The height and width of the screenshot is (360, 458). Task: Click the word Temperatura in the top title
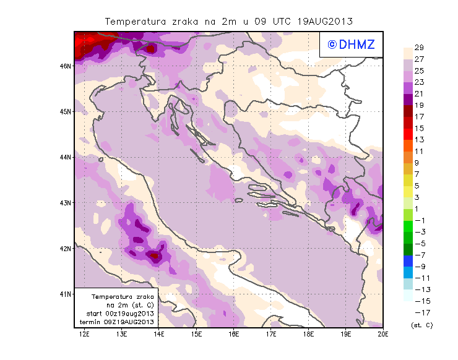(x=134, y=21)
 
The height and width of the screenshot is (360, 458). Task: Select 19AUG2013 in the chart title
(x=325, y=21)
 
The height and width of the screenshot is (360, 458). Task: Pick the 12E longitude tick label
(x=85, y=335)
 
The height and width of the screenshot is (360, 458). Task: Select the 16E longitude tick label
(x=234, y=335)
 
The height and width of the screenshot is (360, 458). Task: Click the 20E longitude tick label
(x=383, y=335)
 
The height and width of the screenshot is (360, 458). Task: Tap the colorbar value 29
(x=419, y=48)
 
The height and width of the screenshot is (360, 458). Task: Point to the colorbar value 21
(x=419, y=93)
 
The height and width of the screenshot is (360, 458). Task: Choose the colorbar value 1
(x=419, y=208)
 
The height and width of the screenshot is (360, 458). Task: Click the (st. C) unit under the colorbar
(x=421, y=325)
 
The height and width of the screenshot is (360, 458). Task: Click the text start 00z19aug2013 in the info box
(x=120, y=314)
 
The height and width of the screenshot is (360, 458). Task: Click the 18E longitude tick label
(x=308, y=335)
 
